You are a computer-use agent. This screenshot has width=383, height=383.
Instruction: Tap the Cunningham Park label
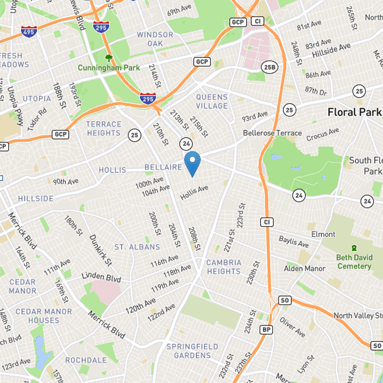109,68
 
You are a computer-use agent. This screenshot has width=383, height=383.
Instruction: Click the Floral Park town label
355,112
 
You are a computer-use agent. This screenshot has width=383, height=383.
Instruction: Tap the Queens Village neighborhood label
212,101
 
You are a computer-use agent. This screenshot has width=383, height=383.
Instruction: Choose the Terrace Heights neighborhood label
103,128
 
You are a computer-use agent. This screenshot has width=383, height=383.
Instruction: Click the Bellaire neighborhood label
163,168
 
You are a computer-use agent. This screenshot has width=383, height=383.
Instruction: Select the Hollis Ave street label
194,192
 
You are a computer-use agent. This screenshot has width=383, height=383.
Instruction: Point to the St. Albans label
137,247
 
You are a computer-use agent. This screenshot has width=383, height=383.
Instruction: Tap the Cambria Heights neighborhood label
224,267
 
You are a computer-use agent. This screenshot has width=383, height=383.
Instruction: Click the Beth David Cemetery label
354,262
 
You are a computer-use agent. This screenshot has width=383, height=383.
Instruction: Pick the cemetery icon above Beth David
354,248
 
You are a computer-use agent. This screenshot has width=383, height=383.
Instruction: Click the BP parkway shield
267,329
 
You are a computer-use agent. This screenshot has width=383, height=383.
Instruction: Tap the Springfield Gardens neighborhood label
192,351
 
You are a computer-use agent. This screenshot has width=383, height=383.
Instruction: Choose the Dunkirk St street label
101,249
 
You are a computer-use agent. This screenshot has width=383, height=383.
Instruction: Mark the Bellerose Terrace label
272,133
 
